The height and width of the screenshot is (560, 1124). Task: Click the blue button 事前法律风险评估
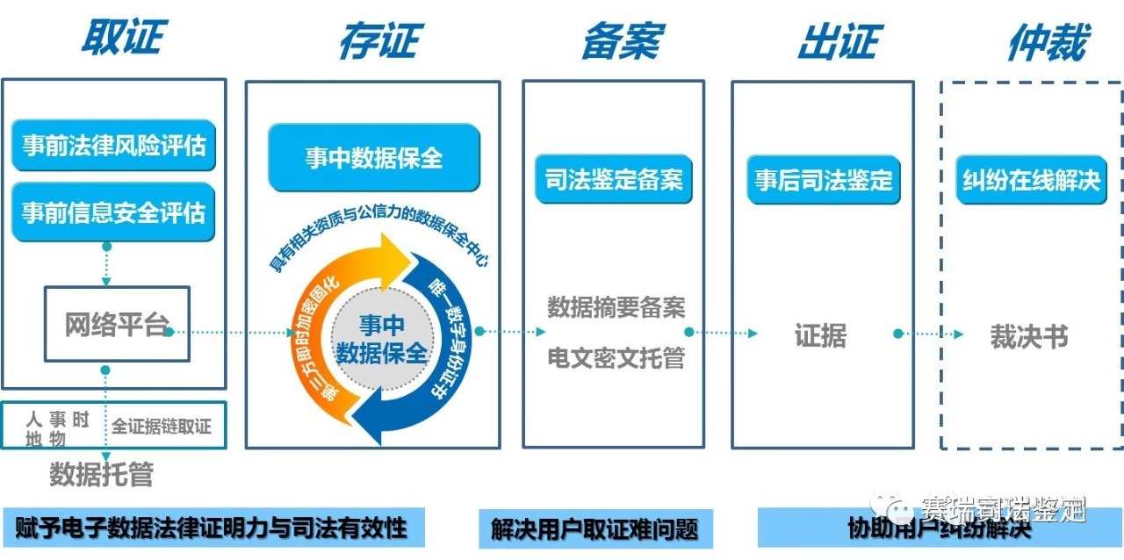(x=113, y=145)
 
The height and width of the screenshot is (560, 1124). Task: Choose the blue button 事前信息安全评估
(x=113, y=212)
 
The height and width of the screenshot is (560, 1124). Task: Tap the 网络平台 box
(x=117, y=324)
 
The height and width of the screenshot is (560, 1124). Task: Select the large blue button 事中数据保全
(x=374, y=158)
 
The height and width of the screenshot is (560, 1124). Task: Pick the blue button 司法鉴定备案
(x=613, y=180)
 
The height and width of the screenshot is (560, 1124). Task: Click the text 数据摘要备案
(x=616, y=307)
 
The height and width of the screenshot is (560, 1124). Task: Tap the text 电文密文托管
(x=616, y=358)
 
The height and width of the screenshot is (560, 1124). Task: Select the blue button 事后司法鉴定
(x=823, y=180)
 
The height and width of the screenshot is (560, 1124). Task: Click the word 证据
(x=820, y=335)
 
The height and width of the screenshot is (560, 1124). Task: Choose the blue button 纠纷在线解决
(x=1031, y=180)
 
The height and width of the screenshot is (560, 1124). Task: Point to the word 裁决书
(x=1028, y=337)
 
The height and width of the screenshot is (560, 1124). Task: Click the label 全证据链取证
(x=162, y=427)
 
